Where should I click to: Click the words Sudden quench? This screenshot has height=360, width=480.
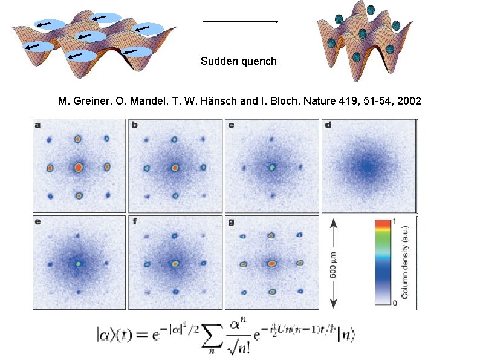[x=239, y=61]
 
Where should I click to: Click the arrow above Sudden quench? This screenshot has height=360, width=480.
[x=240, y=22]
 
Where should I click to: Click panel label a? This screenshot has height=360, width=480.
[x=38, y=126]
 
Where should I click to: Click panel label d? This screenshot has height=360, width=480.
[x=328, y=126]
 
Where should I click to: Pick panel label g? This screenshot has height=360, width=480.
[x=231, y=222]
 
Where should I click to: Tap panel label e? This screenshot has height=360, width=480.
[x=38, y=222]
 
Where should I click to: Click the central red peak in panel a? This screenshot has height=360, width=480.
[x=79, y=166]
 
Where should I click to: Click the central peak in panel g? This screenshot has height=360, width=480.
[x=271, y=263]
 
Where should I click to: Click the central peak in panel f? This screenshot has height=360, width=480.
[x=175, y=263]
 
